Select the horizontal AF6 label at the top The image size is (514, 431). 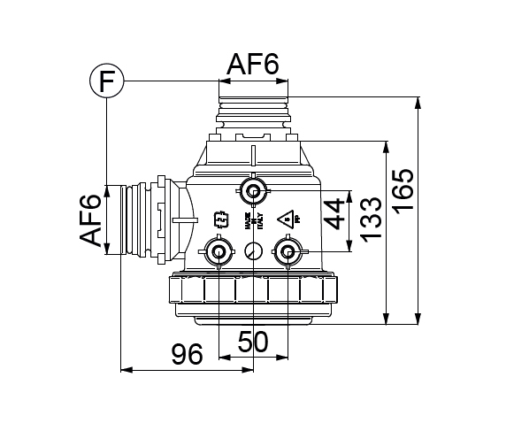[253, 65]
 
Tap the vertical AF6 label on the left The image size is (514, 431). [92, 221]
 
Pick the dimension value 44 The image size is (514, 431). [335, 213]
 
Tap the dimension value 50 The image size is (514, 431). [254, 342]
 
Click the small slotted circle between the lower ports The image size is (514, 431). [253, 250]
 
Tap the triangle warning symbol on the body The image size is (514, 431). [286, 219]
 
